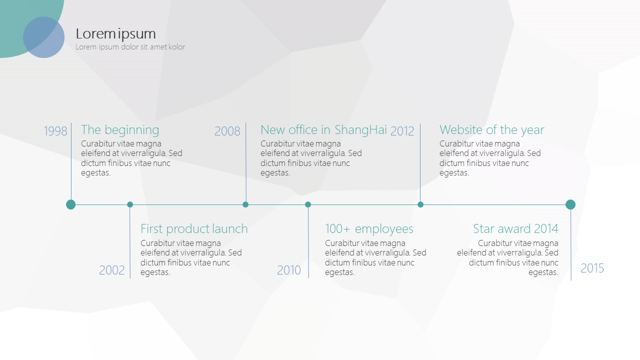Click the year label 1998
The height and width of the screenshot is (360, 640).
55,131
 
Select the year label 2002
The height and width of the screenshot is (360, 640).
111,270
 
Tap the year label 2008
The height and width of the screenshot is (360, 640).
227,131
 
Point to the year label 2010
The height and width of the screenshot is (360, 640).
289,270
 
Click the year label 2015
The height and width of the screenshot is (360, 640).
592,268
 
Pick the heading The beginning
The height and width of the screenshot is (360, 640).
120,130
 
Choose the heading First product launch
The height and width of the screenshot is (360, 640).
194,229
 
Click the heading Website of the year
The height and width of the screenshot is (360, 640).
491,130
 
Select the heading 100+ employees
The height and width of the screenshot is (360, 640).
369,229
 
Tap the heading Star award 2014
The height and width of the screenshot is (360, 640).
515,228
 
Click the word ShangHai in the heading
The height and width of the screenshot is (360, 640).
360,130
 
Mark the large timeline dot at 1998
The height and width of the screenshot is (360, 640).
71,204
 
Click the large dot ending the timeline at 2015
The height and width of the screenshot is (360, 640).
570,204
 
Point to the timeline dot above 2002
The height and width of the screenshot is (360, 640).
130,204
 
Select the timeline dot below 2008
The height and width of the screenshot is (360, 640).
245,204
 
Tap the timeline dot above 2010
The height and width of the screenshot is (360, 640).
307,204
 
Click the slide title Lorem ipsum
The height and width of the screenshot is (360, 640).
115,34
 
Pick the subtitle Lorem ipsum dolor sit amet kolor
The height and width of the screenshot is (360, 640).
130,47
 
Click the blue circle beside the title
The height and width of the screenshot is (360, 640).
43,37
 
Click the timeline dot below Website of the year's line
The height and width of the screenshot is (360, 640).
420,204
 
